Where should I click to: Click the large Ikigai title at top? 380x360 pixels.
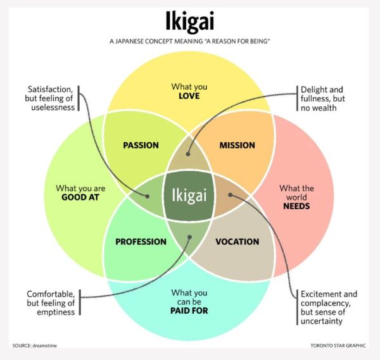tap(190, 22)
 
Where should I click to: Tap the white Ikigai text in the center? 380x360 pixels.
tap(189, 196)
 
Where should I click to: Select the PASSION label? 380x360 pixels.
tap(141, 146)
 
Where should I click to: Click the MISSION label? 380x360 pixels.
tap(237, 146)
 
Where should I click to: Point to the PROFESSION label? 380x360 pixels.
tap(141, 242)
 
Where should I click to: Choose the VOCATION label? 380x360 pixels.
tap(237, 242)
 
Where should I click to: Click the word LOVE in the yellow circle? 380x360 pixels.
tap(189, 96)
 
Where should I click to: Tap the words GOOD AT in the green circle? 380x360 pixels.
tap(80, 197)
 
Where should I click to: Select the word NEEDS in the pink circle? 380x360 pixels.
tap(296, 206)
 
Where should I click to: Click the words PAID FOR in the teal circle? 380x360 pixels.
tap(189, 311)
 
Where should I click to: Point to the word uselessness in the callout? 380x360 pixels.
tap(53, 108)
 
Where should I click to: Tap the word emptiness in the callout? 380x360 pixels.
tap(56, 312)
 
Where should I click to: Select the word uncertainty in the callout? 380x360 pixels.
tap(322, 321)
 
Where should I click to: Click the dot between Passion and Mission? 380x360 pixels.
tap(188, 154)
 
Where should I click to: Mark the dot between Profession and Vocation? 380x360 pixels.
tap(190, 237)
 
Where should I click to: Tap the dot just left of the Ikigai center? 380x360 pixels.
tap(147, 196)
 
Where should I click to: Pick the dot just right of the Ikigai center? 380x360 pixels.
tap(231, 195)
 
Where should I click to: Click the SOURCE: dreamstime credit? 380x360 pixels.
tap(35, 345)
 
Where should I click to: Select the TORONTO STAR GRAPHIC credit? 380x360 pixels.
tap(338, 345)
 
